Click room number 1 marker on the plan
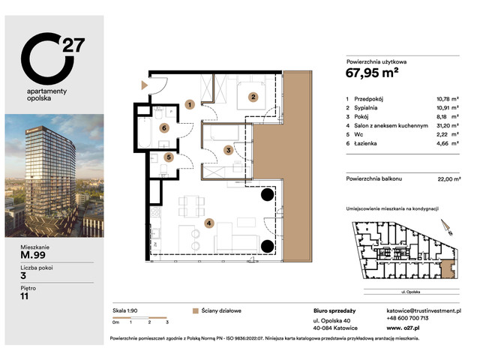tap(190, 105)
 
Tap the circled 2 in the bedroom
tap(253, 96)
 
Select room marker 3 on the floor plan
tap(229, 150)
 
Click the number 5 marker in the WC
tap(170, 158)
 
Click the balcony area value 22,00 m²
tap(447, 178)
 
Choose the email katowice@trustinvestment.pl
tap(427, 310)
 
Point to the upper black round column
tap(266, 196)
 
